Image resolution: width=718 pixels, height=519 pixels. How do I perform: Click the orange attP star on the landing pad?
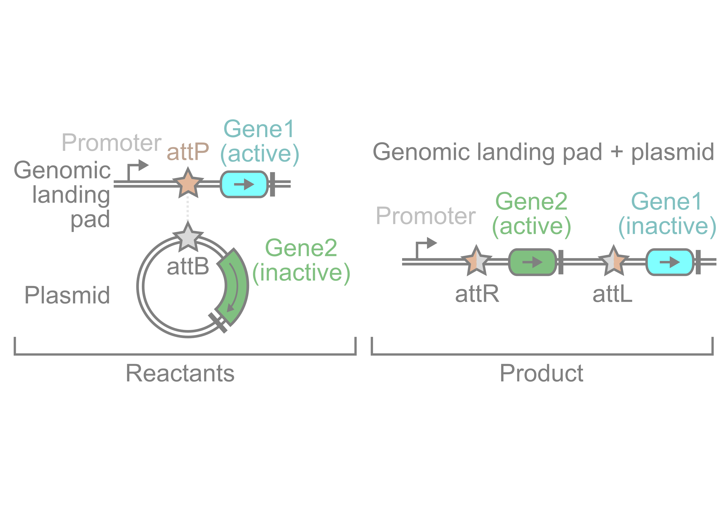188,184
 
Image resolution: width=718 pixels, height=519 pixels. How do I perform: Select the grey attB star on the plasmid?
188,238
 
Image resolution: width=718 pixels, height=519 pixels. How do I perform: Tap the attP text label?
188,152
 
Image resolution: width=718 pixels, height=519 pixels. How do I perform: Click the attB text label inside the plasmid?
188,266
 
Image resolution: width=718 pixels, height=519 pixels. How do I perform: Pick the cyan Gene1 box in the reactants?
244,184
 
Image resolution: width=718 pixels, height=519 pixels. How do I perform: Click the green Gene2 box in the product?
532,262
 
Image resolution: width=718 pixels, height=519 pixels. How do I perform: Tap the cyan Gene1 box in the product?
670,262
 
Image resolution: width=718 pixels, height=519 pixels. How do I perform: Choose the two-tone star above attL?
614,261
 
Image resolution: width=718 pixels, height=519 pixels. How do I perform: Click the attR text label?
477,294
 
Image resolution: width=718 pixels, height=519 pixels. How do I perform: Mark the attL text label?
612,294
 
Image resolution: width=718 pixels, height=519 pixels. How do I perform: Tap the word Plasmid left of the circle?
67,295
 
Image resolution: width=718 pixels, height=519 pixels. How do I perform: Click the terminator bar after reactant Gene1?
272,184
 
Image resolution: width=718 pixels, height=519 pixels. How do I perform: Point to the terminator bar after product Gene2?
561,262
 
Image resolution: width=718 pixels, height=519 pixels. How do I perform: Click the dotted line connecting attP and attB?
188,209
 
